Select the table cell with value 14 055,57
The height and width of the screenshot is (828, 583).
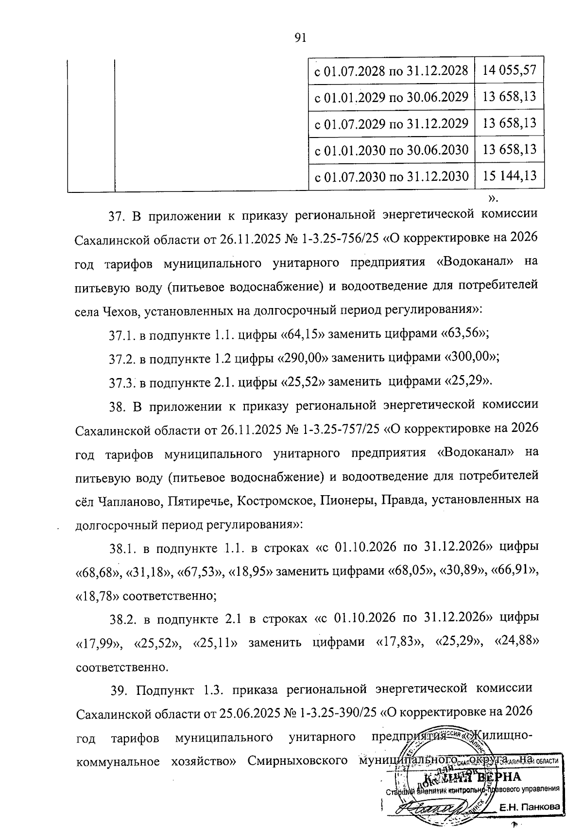pos(509,70)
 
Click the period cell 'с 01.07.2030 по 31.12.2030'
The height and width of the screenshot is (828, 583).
pos(391,176)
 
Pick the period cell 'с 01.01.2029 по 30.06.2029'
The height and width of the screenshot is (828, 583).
pos(391,97)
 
